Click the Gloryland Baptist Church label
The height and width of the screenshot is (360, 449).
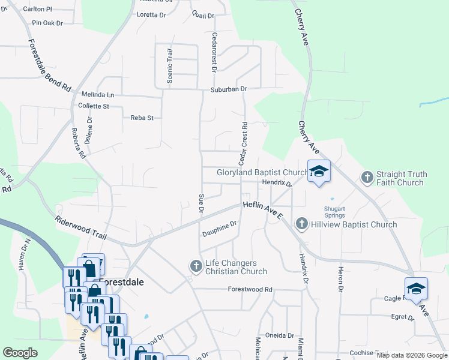[262, 172]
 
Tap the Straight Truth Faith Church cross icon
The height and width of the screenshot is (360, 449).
[367, 177]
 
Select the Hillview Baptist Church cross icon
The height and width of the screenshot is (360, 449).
[302, 224]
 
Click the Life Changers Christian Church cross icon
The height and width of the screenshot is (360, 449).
[196, 265]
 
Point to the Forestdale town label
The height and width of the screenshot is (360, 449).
[123, 282]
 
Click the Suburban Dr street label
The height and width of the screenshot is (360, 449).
[228, 89]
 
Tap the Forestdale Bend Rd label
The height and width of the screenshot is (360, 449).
[49, 65]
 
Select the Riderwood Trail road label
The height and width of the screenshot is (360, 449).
[80, 229]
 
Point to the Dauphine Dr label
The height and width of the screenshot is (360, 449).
[220, 228]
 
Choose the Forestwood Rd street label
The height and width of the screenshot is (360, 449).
[250, 289]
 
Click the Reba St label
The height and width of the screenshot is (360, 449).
[142, 118]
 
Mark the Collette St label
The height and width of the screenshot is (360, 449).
[94, 106]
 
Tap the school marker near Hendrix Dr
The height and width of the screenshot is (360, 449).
[319, 170]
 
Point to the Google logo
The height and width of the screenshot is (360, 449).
[20, 353]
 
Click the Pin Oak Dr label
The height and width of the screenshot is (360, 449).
[47, 23]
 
